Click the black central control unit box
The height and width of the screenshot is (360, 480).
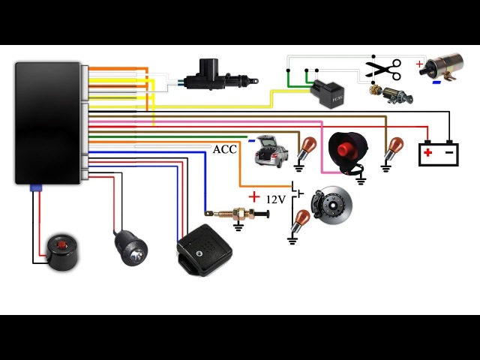[47, 122]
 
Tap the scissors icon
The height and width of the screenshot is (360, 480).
[382, 70]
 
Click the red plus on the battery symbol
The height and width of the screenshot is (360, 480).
[427, 153]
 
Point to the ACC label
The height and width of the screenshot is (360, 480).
[225, 149]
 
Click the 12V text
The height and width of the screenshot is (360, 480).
[276, 199]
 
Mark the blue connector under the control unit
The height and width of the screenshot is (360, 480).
[33, 188]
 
